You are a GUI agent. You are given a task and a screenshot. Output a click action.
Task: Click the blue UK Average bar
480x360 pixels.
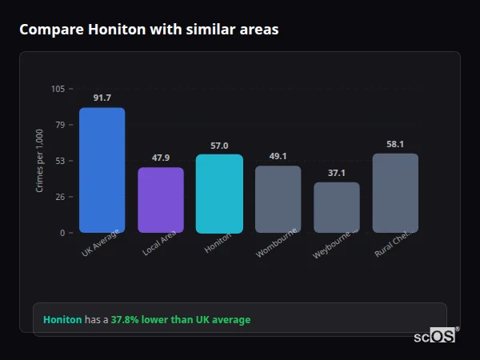[102, 170]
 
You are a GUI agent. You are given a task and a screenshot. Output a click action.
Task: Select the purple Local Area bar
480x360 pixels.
[161, 200]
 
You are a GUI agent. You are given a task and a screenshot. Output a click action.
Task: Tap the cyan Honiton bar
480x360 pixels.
[219, 194]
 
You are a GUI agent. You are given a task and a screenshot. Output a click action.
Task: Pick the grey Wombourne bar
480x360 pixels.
[278, 199]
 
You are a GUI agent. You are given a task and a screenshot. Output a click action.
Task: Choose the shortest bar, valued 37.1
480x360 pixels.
[337, 207]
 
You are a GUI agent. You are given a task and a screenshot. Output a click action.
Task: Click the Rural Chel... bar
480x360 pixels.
[395, 193]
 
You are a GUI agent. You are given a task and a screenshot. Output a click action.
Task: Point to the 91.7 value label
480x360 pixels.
[102, 98]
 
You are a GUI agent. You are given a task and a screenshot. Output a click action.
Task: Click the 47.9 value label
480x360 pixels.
[161, 158]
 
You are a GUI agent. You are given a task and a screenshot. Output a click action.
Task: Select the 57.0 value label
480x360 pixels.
[219, 146]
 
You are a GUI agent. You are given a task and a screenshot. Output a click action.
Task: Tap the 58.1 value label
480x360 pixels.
[395, 144]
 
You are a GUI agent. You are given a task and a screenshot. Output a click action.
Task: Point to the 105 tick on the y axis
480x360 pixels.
[58, 89]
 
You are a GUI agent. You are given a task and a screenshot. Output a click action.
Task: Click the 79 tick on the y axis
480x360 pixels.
[60, 125]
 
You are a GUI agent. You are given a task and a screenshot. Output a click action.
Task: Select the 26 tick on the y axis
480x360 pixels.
[60, 197]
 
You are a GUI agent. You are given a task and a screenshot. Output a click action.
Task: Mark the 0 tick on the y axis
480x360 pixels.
[62, 233]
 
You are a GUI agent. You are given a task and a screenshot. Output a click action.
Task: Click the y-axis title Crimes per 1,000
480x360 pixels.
[40, 161]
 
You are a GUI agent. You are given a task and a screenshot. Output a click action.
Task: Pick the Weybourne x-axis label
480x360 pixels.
[335, 244]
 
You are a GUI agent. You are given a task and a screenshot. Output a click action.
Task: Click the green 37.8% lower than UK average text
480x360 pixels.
[180, 320]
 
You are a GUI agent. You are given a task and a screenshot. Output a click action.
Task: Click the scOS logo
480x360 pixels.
[434, 336]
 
